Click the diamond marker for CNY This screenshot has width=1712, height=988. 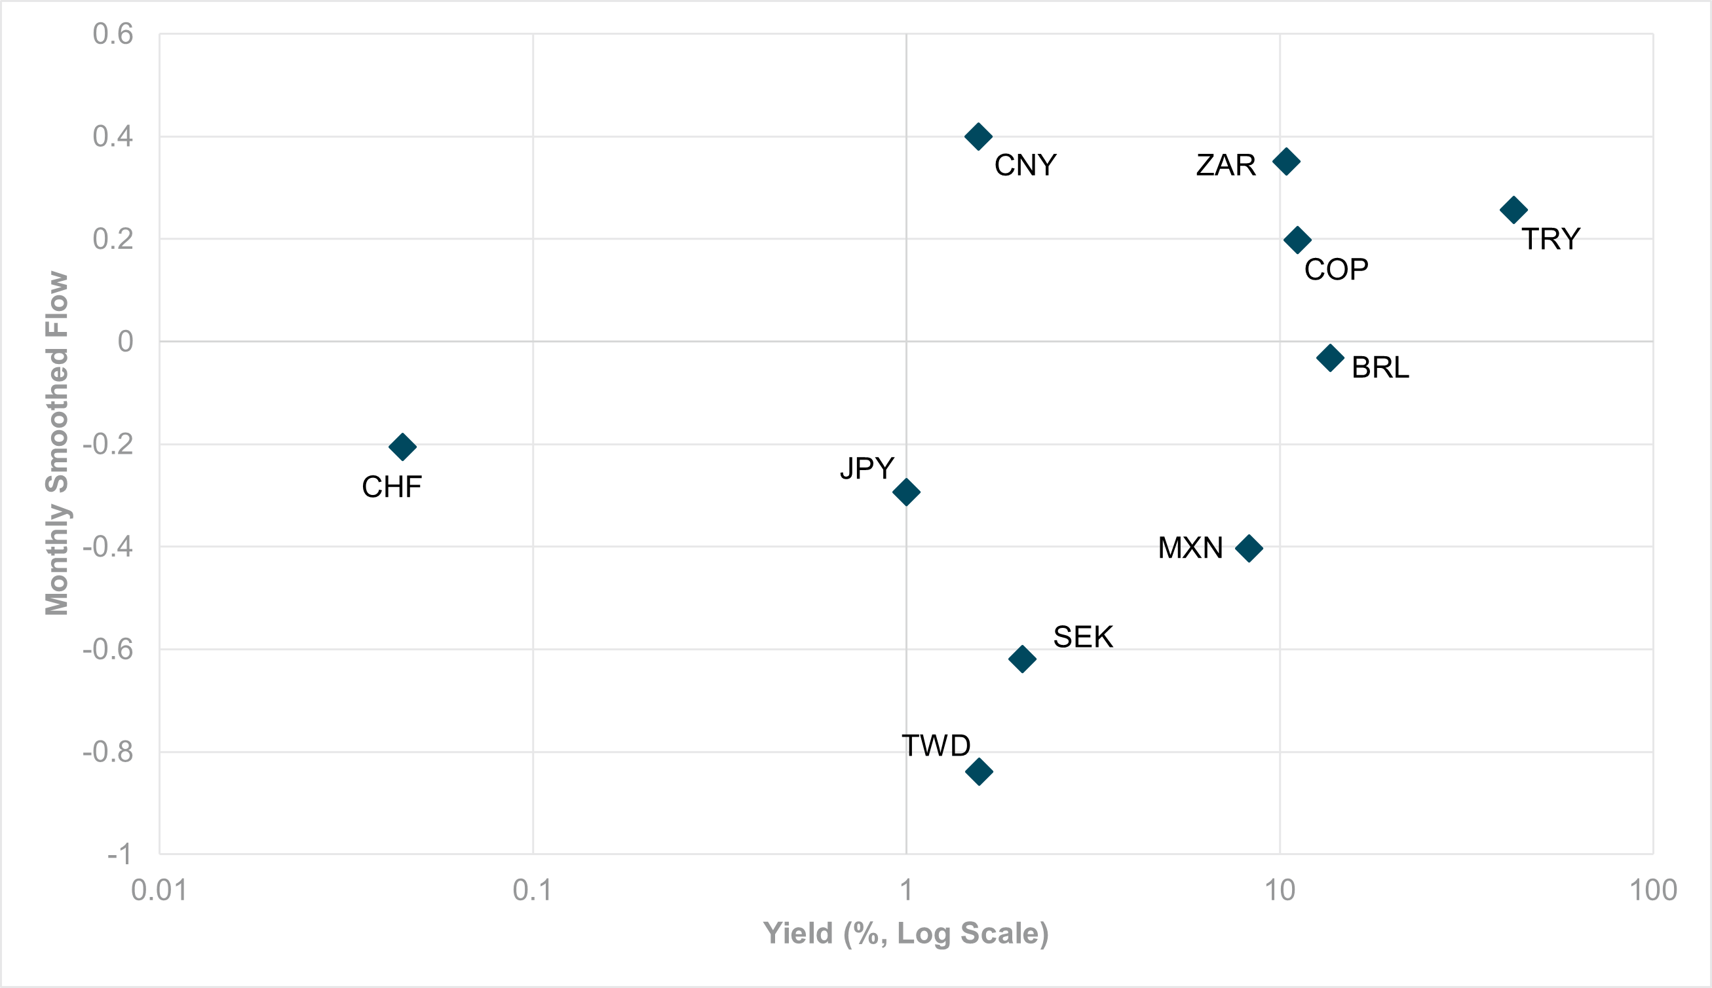(978, 136)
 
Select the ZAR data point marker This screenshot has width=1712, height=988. (1286, 162)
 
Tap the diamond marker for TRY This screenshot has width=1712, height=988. (1513, 210)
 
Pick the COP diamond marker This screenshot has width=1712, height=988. (1297, 240)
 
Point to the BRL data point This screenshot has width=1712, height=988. (1331, 357)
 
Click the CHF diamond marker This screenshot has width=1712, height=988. (402, 447)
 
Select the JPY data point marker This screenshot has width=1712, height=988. (906, 492)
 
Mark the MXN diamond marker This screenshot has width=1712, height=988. (1249, 548)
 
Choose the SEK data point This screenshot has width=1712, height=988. (1022, 659)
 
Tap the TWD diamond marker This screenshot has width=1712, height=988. (979, 771)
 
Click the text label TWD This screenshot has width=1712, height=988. (936, 746)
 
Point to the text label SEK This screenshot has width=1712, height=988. (1083, 637)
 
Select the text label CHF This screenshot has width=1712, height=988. (392, 487)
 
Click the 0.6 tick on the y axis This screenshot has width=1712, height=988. (113, 34)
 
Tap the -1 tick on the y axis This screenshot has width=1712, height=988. (119, 854)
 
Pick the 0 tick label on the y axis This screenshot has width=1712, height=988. (125, 341)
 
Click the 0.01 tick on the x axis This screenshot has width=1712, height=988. (159, 890)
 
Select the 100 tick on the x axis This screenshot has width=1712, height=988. (1653, 890)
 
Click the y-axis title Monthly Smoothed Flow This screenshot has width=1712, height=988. (57, 444)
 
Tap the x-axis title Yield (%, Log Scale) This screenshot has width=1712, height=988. (905, 934)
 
